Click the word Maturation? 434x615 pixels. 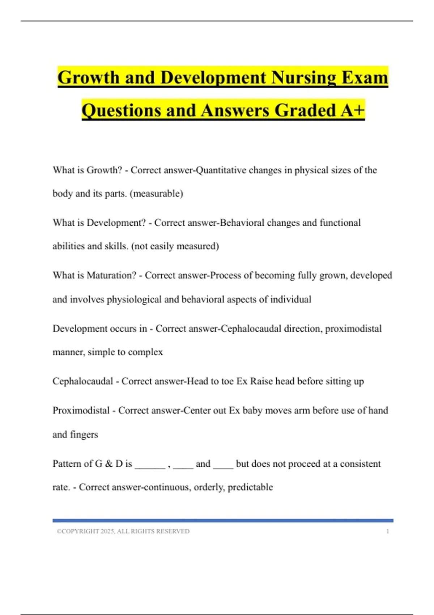pos(111,275)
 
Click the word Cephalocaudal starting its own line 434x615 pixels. pos(83,381)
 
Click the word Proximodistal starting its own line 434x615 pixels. pos(81,411)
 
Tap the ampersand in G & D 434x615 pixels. pos(109,464)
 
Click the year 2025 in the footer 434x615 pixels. pos(107,531)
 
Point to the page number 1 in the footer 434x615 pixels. pos(388,531)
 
